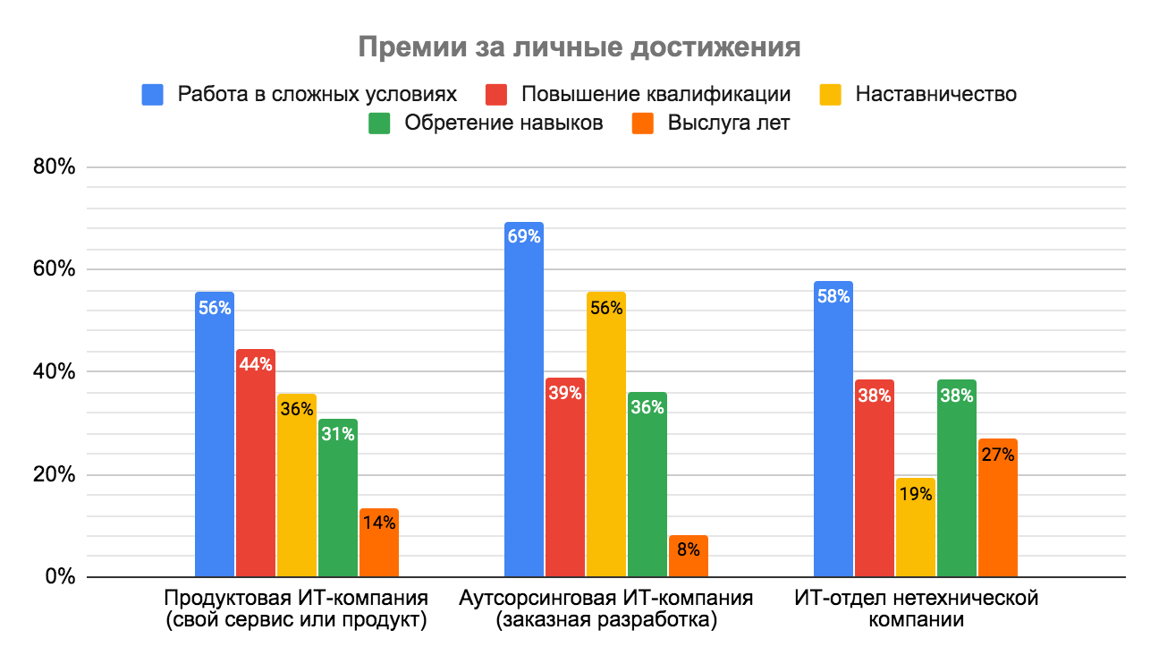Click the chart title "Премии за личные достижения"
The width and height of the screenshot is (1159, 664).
coord(579,47)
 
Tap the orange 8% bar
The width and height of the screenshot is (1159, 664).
coord(688,556)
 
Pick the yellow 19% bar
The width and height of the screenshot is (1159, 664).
coord(915,527)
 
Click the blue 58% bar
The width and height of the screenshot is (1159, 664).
coord(833,429)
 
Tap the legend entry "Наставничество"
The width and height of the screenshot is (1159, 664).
coord(935,93)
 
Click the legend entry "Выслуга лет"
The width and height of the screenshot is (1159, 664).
coord(728,123)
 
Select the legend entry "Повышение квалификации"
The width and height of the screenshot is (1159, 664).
coord(656,93)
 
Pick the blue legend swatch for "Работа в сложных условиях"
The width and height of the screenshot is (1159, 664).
coord(153,93)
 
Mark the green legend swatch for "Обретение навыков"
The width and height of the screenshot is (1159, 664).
coord(379,123)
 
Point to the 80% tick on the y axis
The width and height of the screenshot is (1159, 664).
coord(54,167)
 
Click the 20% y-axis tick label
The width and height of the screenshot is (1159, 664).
coord(54,474)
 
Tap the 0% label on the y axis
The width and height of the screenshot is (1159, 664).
coord(59,577)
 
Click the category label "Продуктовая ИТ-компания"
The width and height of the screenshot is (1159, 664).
coord(296,598)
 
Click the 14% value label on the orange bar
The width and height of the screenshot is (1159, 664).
coord(378,523)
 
